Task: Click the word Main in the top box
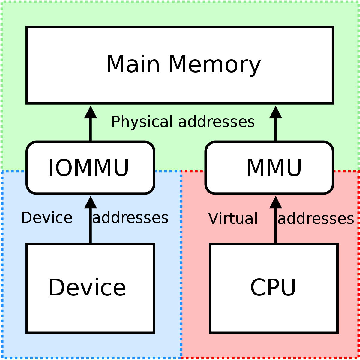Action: [133, 64]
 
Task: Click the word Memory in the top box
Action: [215, 66]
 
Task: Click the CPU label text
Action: [273, 287]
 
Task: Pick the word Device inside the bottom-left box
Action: [87, 287]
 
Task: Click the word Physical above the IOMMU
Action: [142, 122]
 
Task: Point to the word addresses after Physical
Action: [217, 121]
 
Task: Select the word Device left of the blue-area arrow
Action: [47, 217]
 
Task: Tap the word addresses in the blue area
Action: [130, 217]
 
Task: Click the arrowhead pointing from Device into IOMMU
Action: [90, 202]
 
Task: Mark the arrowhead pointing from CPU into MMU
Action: [276, 202]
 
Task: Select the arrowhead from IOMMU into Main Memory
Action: [90, 112]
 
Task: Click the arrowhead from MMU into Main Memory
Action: [276, 112]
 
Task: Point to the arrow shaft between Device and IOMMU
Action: [90, 226]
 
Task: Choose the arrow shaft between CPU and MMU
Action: [276, 226]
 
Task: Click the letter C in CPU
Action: [258, 287]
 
